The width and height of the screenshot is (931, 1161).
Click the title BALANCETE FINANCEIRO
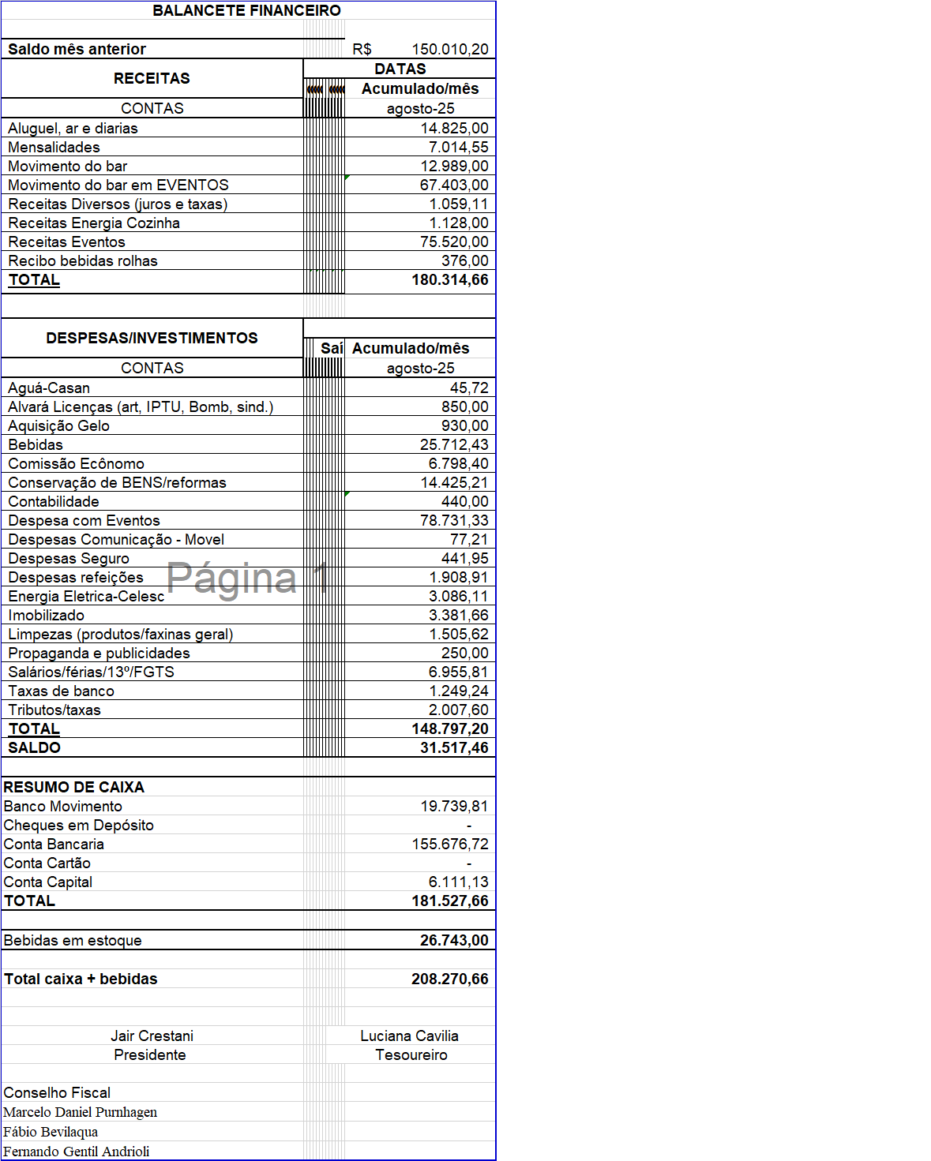tap(246, 10)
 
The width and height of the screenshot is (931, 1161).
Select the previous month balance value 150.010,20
tap(449, 49)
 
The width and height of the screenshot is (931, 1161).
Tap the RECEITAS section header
tap(152, 78)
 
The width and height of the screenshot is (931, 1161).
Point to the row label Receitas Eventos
tap(66, 242)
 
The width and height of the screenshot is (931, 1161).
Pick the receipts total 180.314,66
tap(449, 279)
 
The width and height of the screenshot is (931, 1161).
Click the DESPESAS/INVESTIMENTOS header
tap(152, 338)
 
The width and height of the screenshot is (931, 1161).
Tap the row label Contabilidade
tap(54, 501)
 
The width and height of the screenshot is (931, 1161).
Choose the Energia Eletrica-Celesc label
tap(86, 596)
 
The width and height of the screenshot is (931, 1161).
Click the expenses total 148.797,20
tap(449, 728)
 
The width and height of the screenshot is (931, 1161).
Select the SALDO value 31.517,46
tap(453, 747)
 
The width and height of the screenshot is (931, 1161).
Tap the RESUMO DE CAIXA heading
tap(74, 787)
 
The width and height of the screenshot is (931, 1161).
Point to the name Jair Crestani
tap(152, 1036)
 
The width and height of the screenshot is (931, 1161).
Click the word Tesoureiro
tap(411, 1054)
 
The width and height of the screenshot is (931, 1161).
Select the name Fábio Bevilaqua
tap(51, 1132)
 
